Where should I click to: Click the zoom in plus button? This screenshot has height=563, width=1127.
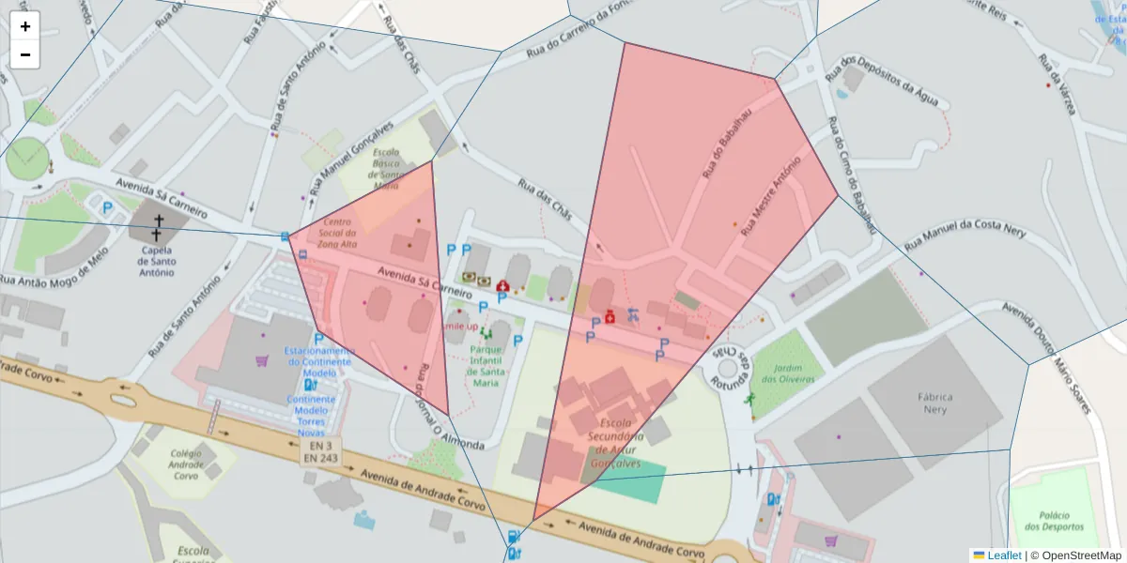[25, 26]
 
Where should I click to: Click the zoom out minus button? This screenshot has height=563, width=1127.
[25, 54]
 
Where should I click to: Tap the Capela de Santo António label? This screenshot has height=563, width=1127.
[157, 261]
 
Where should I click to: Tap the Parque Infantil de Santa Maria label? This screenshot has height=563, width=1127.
[485, 365]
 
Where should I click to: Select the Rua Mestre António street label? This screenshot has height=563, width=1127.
[770, 195]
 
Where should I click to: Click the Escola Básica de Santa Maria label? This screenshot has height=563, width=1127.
[387, 168]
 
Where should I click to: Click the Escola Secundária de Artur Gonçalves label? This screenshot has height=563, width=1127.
[615, 436]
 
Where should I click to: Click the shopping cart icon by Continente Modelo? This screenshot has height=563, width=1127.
[261, 359]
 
